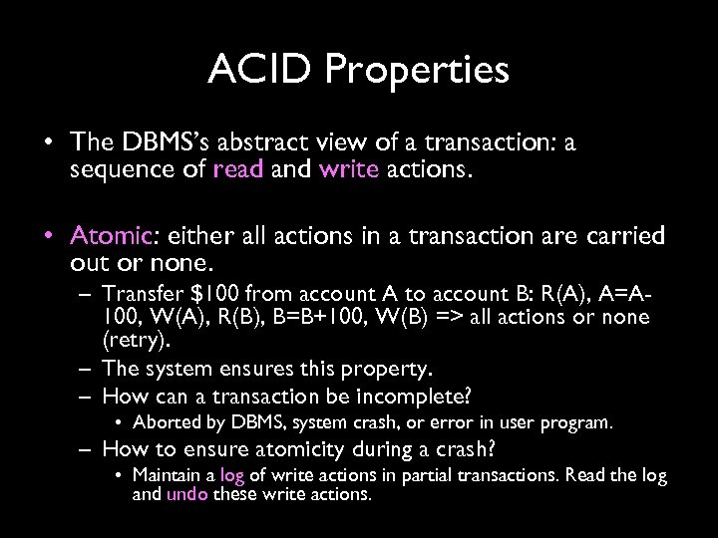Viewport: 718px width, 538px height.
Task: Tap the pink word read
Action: tap(238, 169)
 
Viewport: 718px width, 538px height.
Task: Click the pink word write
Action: tap(349, 169)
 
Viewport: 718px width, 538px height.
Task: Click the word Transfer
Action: tap(139, 295)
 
